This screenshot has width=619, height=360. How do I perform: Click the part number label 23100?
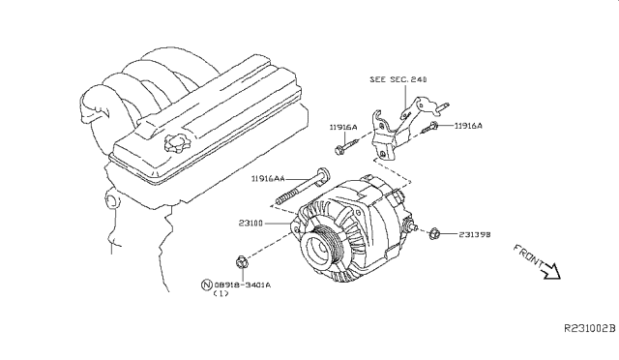251,224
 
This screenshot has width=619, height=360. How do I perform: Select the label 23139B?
475,234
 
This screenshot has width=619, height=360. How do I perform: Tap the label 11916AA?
268,179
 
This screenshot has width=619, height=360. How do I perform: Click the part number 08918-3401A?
243,285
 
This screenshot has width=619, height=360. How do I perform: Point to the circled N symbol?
206,285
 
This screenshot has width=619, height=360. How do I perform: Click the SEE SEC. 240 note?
398,79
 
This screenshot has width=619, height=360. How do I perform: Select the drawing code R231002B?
589,328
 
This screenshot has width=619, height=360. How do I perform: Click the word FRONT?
528,255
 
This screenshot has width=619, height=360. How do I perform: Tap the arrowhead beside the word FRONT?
552,272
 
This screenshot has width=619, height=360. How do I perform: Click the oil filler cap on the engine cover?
176,143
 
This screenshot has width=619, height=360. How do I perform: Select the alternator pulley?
320,249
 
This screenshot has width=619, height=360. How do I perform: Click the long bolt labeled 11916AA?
303,188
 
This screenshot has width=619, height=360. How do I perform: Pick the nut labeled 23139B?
434,233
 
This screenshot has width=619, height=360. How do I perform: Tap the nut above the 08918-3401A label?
242,261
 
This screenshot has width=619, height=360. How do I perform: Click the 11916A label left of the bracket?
343,127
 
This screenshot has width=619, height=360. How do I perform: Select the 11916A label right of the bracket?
468,126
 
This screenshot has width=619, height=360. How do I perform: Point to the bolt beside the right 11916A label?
429,128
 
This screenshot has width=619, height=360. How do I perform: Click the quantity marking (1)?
221,293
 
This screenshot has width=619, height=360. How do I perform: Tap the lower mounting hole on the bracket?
383,154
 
